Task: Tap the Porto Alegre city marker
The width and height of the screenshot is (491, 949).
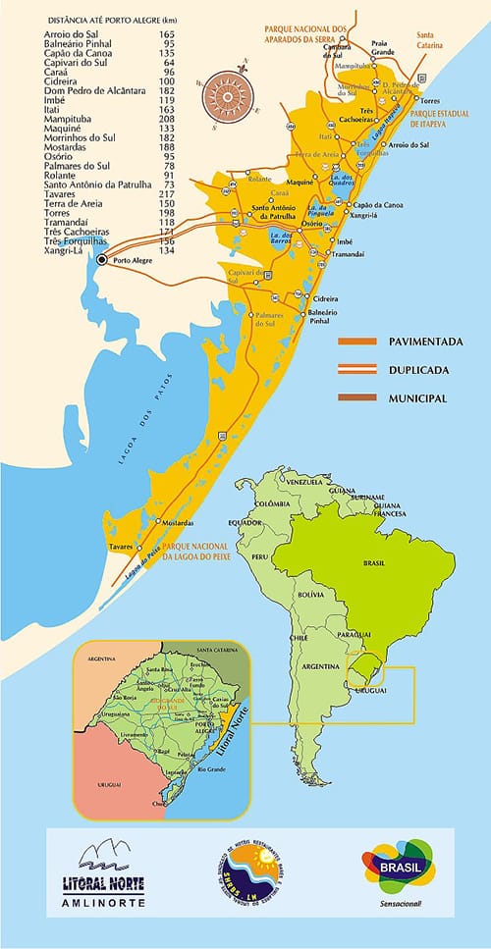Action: click(102, 259)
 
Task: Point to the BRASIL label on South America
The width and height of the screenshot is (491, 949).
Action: click(374, 564)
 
